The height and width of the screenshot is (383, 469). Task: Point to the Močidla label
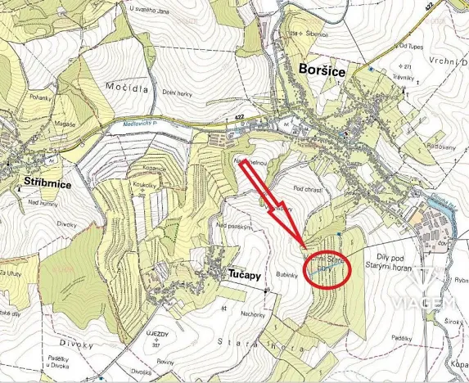click(x=124, y=84)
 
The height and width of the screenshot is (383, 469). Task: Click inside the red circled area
click(x=326, y=266)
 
